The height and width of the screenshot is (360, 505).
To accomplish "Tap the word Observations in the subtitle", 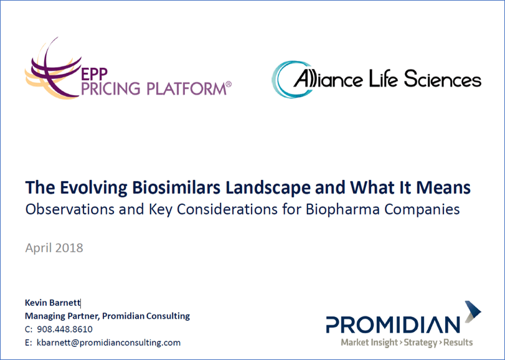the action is coord(70,209).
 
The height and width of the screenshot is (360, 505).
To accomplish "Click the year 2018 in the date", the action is coord(69,248).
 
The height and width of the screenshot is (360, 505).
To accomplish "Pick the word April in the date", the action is coord(39,249).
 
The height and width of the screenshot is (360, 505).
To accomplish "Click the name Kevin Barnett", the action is coord(52,303).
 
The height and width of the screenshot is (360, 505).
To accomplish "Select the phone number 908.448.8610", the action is coord(65,329).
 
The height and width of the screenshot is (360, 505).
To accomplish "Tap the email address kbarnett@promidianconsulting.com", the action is coord(109,343).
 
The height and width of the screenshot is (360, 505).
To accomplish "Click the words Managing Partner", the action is coord(62,316).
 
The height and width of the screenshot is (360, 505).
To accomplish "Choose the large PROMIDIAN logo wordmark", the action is coord(393,324).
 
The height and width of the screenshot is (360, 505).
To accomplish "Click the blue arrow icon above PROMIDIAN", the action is coord(473,311).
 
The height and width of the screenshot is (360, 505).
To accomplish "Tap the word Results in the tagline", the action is coord(458,342).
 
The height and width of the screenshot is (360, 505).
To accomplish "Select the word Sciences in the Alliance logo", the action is coord(443,79).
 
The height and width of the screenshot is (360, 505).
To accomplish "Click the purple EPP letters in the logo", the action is coord(94,74).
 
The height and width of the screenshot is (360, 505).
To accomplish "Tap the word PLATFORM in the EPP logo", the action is coord(186,88).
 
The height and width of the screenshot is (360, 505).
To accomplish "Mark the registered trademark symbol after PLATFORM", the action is coord(229,84).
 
